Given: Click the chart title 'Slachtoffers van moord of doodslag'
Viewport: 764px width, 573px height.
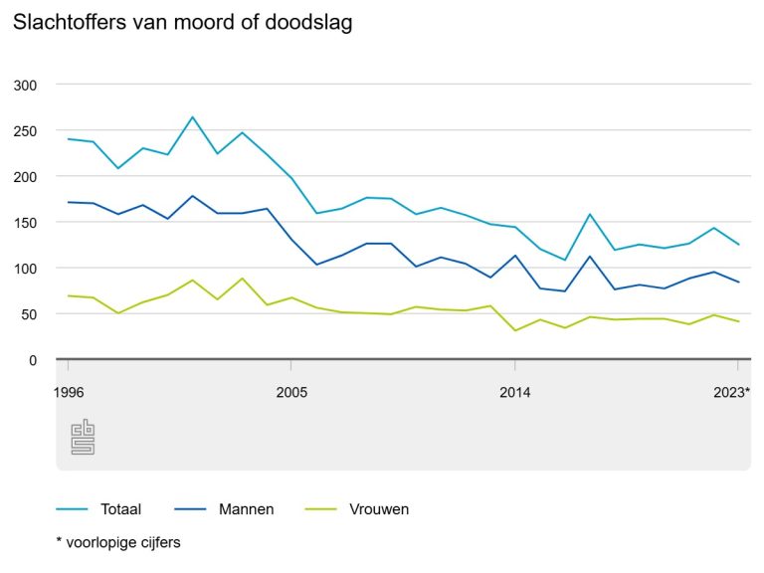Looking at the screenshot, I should pyautogui.click(x=182, y=22).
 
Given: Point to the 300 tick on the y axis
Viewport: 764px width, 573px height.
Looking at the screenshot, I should pyautogui.click(x=26, y=86).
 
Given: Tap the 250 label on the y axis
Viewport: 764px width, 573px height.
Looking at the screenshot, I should pyautogui.click(x=26, y=131).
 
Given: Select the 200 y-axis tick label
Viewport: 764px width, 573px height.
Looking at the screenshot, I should pyautogui.click(x=26, y=177).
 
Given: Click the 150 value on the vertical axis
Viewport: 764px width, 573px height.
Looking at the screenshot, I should pyautogui.click(x=26, y=223).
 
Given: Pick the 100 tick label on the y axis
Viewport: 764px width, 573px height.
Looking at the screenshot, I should pyautogui.click(x=26, y=269).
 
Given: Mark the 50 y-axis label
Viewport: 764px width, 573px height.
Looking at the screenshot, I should pyautogui.click(x=30, y=314).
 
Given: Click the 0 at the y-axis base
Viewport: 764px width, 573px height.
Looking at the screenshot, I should pyautogui.click(x=33, y=360).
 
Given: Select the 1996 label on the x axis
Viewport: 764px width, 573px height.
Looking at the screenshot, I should pyautogui.click(x=68, y=392).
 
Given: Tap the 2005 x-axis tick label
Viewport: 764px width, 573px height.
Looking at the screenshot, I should pyautogui.click(x=290, y=392).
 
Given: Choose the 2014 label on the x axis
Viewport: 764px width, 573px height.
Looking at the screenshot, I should pyautogui.click(x=514, y=392).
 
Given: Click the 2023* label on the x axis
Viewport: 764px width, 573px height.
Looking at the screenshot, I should pyautogui.click(x=733, y=392).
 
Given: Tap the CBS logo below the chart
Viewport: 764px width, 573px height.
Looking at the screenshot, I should pyautogui.click(x=83, y=438).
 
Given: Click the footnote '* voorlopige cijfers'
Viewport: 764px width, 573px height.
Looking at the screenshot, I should pyautogui.click(x=118, y=542).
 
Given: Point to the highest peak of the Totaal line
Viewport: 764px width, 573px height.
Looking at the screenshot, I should pyautogui.click(x=192, y=117).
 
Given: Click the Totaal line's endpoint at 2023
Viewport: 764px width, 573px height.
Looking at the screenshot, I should pyautogui.click(x=738, y=245).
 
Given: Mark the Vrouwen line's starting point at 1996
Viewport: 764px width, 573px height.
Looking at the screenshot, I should pyautogui.click(x=68, y=295).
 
